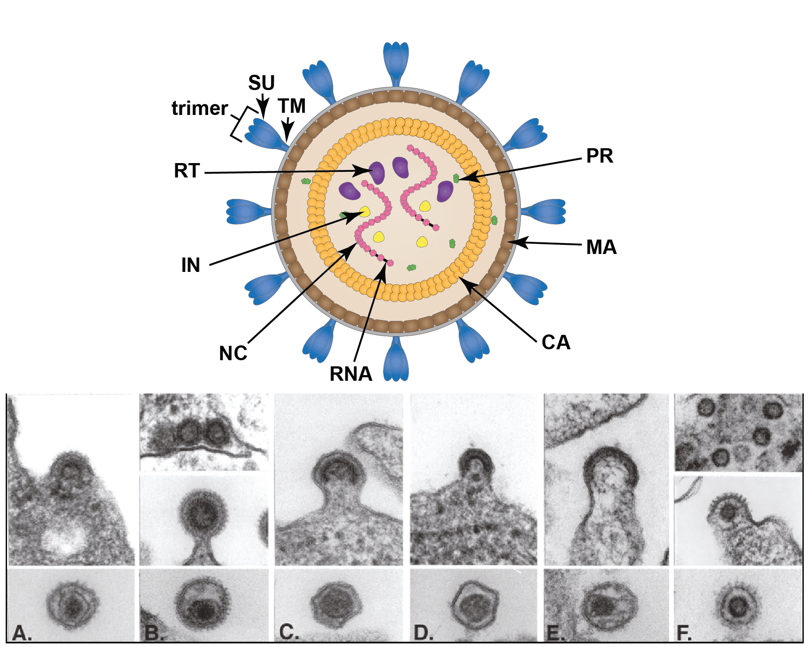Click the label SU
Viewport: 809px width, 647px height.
(262, 83)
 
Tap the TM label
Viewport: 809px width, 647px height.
(292, 106)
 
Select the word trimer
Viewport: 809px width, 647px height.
(199, 108)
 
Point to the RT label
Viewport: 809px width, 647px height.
(187, 170)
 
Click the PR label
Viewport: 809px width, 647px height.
(600, 156)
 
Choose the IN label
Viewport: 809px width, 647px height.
(191, 265)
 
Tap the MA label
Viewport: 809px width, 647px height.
(601, 247)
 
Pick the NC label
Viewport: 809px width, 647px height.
(233, 353)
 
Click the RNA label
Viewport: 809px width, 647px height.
(351, 374)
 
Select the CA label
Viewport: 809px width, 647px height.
(556, 342)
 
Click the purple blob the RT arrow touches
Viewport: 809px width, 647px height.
(377, 172)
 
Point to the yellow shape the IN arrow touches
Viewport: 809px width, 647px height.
(365, 212)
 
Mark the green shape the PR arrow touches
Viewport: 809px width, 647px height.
(456, 178)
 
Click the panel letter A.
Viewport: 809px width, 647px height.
(21, 633)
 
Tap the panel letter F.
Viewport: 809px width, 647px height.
(683, 633)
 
